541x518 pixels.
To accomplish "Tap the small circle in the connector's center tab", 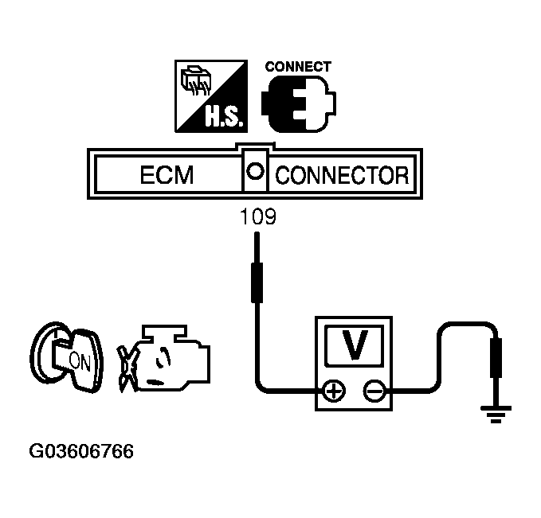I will [x=255, y=170].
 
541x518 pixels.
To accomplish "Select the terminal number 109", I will [x=257, y=217].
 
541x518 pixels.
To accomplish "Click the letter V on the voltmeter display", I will [x=356, y=345].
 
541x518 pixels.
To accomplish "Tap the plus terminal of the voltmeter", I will [x=333, y=390].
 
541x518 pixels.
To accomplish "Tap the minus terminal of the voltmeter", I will [x=374, y=390].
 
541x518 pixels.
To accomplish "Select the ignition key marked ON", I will [x=69, y=359].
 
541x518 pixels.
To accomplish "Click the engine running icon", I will [x=163, y=357].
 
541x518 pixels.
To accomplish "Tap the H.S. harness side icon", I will [x=210, y=96].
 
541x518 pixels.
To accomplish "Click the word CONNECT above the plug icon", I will [x=297, y=67].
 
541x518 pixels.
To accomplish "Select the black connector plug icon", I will [x=299, y=103].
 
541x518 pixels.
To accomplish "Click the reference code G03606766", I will [x=82, y=452].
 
